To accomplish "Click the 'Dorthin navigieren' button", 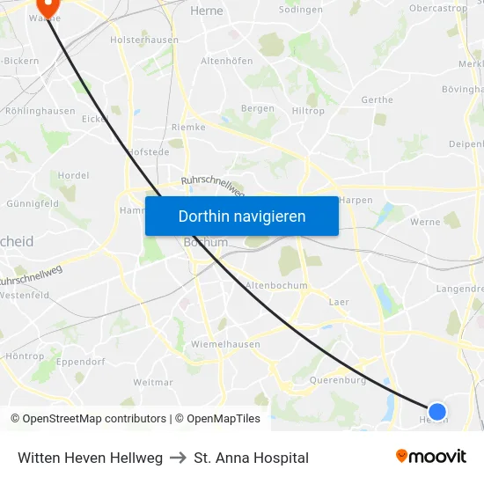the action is pyautogui.click(x=242, y=216).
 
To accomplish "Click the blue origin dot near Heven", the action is pyautogui.click(x=436, y=411).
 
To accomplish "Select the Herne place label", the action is pyautogui.click(x=207, y=11).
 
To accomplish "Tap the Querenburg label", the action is pyautogui.click(x=338, y=380).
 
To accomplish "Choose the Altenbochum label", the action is pyautogui.click(x=276, y=285).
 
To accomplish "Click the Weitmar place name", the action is pyautogui.click(x=153, y=382).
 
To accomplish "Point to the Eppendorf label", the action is pyautogui.click(x=81, y=362).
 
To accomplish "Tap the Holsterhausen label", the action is pyautogui.click(x=144, y=40).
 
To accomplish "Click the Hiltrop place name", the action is pyautogui.click(x=308, y=111).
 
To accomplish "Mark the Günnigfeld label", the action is pyautogui.click(x=33, y=202).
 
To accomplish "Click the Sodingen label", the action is pyautogui.click(x=300, y=10).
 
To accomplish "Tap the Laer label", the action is pyautogui.click(x=338, y=302).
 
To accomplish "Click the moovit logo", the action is pyautogui.click(x=431, y=457).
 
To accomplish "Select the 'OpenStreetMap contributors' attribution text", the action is pyautogui.click(x=94, y=419).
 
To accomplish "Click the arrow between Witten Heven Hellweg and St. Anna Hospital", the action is pyautogui.click(x=178, y=458).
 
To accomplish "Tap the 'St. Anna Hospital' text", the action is pyautogui.click(x=251, y=458).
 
